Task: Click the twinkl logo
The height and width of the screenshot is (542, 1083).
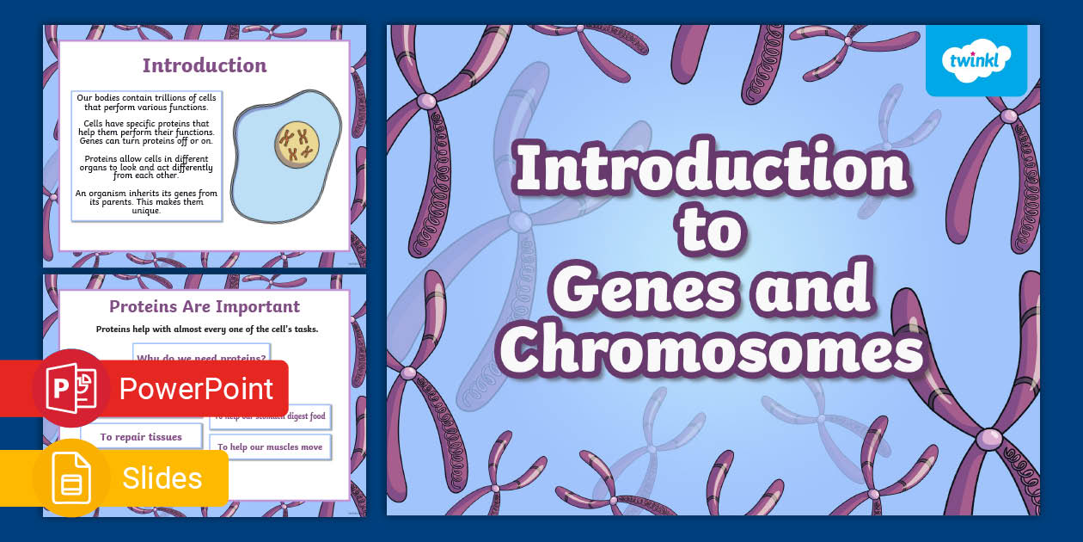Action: pyautogui.click(x=976, y=60)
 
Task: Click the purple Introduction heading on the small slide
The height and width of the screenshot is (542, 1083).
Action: pyautogui.click(x=205, y=65)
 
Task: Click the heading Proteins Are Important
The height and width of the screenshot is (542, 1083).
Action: pyautogui.click(x=205, y=306)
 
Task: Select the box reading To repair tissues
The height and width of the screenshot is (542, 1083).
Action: pyautogui.click(x=141, y=437)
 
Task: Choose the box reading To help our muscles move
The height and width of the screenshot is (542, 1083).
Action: pyautogui.click(x=270, y=447)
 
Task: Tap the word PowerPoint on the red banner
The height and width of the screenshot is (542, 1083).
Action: pyautogui.click(x=196, y=389)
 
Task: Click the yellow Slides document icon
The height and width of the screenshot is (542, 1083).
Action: pyautogui.click(x=70, y=478)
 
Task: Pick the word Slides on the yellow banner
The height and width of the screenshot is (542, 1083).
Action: pyautogui.click(x=162, y=478)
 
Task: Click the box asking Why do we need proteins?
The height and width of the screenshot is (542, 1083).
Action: pyautogui.click(x=201, y=354)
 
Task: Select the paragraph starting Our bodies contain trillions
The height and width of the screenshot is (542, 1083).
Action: pyautogui.click(x=147, y=102)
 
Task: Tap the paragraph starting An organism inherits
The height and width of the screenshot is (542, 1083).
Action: pyautogui.click(x=147, y=201)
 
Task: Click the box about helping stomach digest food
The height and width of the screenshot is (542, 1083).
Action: pyautogui.click(x=270, y=416)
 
